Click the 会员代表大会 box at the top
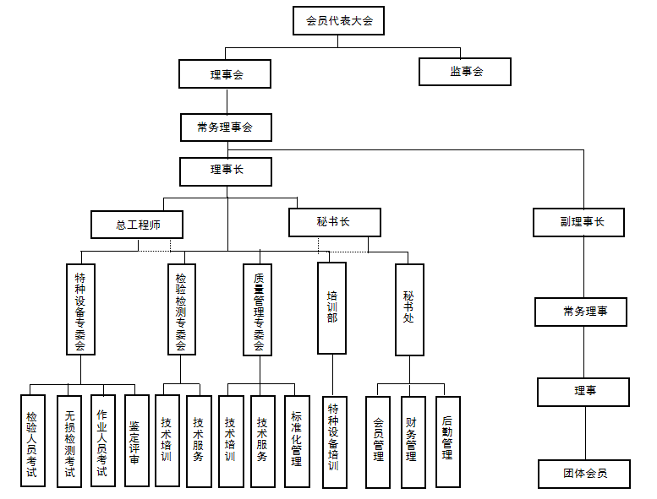[338, 20]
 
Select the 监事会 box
[465, 72]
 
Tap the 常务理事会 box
[227, 127]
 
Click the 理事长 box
[226, 171]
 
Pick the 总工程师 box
[137, 225]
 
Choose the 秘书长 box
[335, 223]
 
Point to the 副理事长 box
[579, 223]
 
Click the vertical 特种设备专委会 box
[81, 310]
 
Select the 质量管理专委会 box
[258, 310]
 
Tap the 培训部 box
[331, 308]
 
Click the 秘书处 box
[410, 310]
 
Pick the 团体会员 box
[584, 474]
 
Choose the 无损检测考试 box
[69, 442]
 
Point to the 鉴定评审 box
[137, 441]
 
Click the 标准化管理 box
[297, 442]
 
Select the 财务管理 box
[413, 442]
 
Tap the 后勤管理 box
[448, 442]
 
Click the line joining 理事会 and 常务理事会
[227, 100]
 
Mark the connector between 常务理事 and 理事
[584, 352]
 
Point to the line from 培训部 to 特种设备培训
[332, 375]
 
